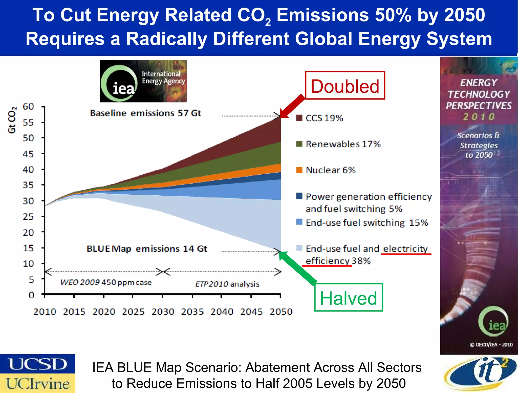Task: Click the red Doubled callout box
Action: pyautogui.click(x=345, y=86)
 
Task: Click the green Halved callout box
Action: pyautogui.click(x=348, y=297)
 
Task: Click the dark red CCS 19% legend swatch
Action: pyautogui.click(x=299, y=118)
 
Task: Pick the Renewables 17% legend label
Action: pyautogui.click(x=343, y=144)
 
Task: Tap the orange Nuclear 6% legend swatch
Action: pyautogui.click(x=299, y=170)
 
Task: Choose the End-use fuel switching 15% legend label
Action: pyautogui.click(x=366, y=223)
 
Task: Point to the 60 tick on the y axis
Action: pyautogui.click(x=28, y=107)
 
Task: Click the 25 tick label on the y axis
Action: pyautogui.click(x=28, y=217)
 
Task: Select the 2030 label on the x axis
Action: pyautogui.click(x=163, y=312)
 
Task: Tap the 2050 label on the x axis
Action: pyautogui.click(x=281, y=312)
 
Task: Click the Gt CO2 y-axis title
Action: pyautogui.click(x=12, y=120)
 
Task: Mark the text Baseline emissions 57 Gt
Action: pyautogui.click(x=145, y=113)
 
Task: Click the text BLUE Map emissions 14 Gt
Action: pyautogui.click(x=147, y=249)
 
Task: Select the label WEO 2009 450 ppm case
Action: pyautogui.click(x=106, y=282)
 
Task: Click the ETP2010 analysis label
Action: pyautogui.click(x=227, y=284)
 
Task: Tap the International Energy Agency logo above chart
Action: pyautogui.click(x=143, y=81)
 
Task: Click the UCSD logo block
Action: pyautogui.click(x=37, y=364)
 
